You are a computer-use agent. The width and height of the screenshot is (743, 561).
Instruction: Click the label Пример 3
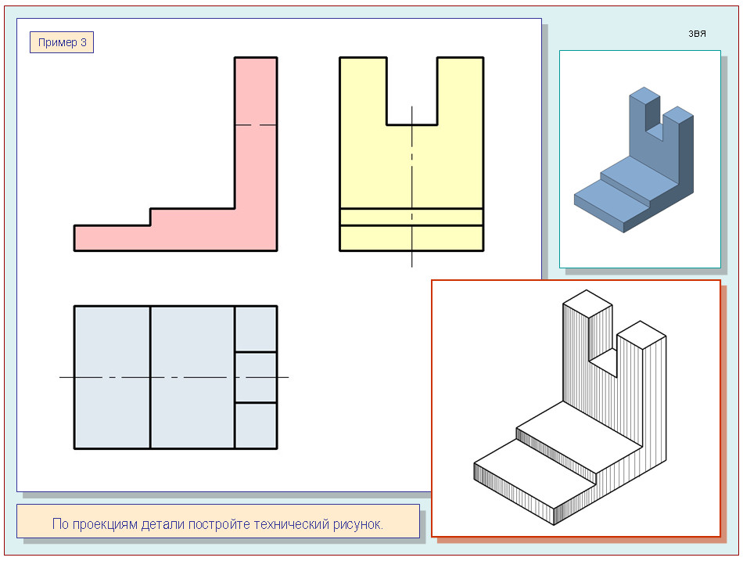[62, 42]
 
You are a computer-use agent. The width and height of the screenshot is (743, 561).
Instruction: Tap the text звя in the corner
[697, 34]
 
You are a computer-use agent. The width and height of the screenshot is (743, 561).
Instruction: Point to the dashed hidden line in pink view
[256, 125]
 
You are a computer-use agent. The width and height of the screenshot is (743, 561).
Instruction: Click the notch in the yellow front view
[411, 91]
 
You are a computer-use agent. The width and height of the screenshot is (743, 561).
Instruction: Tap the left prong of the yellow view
[363, 91]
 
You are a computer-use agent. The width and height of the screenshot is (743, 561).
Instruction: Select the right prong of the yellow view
[460, 91]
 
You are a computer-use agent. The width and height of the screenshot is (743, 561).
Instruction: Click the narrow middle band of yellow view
[411, 218]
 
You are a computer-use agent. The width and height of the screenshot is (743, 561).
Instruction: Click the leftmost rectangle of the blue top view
[113, 377]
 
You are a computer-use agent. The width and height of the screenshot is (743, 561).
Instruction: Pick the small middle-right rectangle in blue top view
[256, 377]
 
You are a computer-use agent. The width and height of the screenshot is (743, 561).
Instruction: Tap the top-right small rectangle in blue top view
[256, 329]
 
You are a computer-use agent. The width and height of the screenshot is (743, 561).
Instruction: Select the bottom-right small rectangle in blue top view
[256, 426]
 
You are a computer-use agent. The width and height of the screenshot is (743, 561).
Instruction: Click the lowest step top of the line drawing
[534, 473]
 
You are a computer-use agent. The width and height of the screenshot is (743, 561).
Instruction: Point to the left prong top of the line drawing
[587, 304]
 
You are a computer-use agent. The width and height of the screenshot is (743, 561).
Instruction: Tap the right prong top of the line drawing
[641, 335]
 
